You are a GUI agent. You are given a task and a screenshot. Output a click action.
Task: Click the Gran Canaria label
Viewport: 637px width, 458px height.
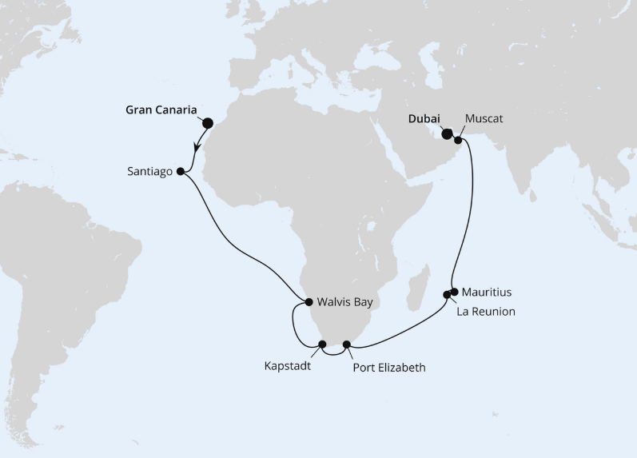coord(161,110)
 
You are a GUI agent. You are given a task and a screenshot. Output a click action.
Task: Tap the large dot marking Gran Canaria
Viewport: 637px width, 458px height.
coord(208,123)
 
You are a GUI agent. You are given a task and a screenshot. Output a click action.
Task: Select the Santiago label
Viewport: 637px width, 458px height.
coord(149,171)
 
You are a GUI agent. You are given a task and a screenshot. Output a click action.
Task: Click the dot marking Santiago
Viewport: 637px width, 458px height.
coord(181,170)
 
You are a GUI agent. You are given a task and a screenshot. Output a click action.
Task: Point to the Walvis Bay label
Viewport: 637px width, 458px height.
coord(344,302)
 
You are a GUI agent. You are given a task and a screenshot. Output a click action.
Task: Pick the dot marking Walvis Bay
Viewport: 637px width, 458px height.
coord(309,301)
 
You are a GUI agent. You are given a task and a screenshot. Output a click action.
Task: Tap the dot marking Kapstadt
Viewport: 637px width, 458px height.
coord(323,345)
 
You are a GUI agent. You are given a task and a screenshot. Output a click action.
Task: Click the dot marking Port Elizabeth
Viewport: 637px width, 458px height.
coord(347,345)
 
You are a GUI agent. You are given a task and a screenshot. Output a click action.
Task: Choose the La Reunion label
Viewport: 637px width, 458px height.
coord(486,312)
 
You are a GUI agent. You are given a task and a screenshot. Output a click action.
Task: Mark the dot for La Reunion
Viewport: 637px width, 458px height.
coord(447,295)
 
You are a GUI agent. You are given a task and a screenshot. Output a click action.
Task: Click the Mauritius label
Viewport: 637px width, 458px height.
coord(486,292)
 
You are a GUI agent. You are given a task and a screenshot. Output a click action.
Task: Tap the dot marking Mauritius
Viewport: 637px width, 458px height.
coord(454,291)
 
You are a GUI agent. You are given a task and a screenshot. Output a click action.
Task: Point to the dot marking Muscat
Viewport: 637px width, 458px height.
coord(458,141)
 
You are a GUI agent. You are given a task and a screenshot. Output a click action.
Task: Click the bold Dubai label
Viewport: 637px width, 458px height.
coord(424,118)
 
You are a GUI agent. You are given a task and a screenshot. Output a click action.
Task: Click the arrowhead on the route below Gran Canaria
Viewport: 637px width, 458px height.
coord(197,146)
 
